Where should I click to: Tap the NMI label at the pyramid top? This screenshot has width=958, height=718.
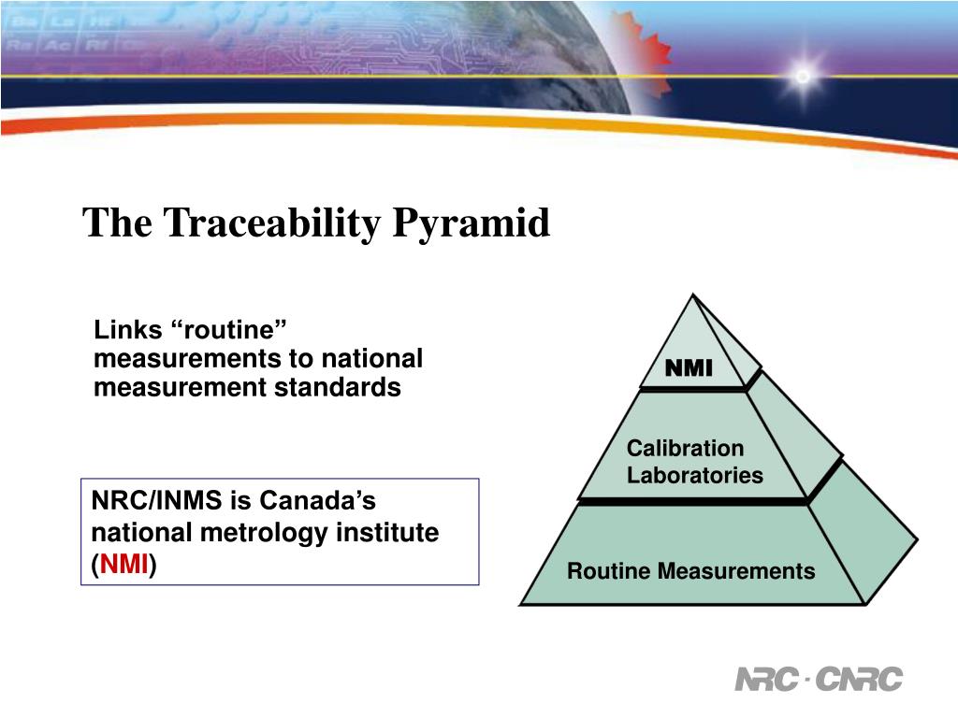[689, 369]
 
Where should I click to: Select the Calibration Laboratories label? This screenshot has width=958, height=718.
[694, 462]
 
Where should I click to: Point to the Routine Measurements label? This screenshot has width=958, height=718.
[690, 571]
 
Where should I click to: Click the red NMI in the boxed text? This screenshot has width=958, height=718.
[123, 565]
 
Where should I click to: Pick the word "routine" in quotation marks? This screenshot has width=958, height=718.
[229, 330]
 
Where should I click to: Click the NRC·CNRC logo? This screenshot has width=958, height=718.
[819, 680]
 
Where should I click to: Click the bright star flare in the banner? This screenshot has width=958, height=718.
[803, 75]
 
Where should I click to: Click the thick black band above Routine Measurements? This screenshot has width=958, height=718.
[692, 502]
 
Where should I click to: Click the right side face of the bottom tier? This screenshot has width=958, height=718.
[865, 542]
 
